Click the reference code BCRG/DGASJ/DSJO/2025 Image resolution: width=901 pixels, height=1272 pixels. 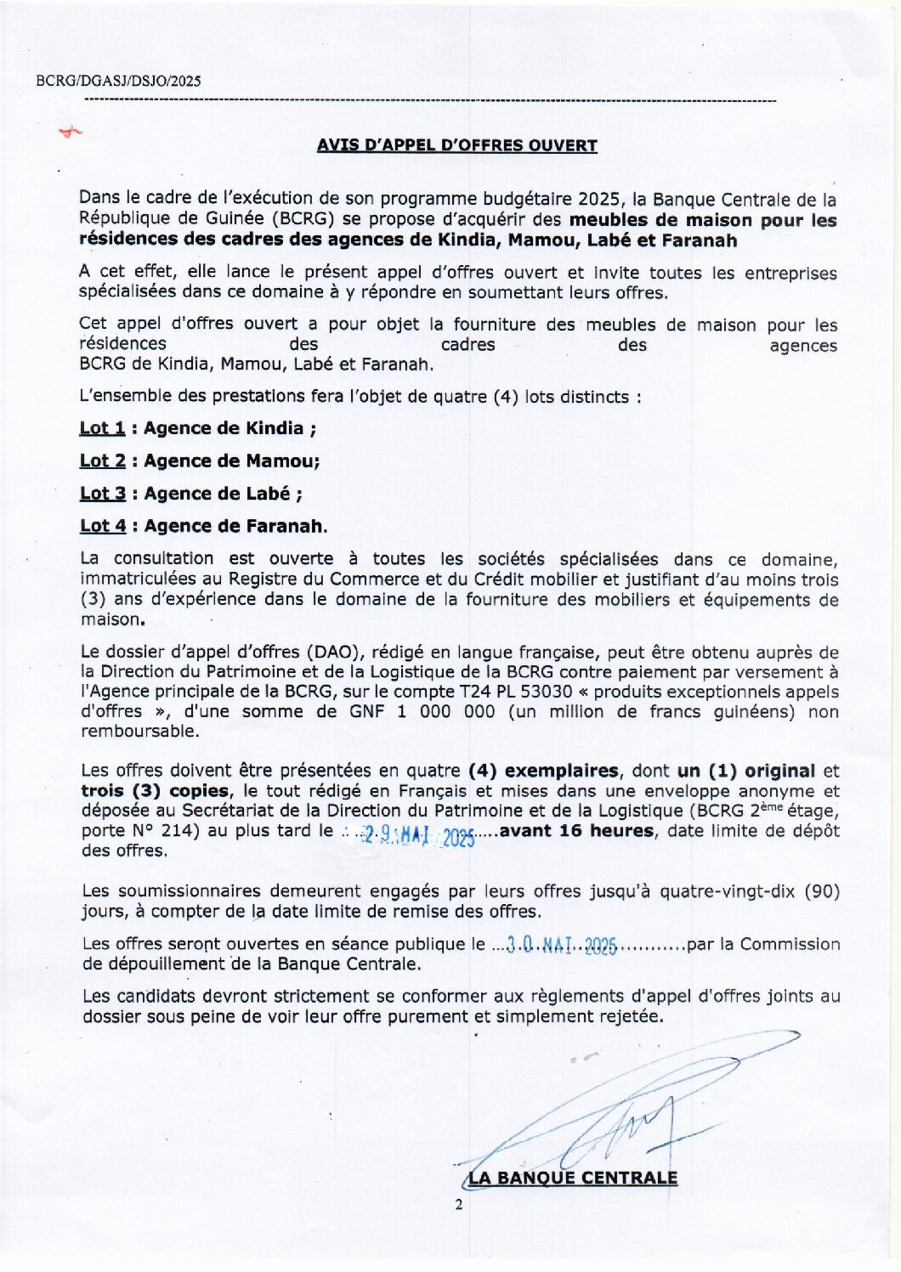(119, 82)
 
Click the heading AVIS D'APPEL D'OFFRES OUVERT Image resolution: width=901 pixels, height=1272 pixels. (457, 145)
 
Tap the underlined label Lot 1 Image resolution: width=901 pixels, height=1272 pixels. (102, 428)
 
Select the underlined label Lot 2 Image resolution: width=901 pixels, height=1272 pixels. (103, 461)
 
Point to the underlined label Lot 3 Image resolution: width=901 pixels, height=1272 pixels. (103, 494)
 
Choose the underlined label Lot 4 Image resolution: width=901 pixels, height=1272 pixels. (103, 527)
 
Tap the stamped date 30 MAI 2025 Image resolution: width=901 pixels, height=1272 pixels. (561, 945)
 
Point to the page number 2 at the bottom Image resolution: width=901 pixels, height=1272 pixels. (459, 1205)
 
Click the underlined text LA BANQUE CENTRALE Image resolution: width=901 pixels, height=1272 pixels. (573, 1178)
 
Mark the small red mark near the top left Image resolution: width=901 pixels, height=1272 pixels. (70, 132)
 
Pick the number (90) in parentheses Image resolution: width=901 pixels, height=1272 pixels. (821, 891)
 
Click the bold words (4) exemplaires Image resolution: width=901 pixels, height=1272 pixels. (544, 772)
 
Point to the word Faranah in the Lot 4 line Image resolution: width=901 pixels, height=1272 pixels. (284, 527)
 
